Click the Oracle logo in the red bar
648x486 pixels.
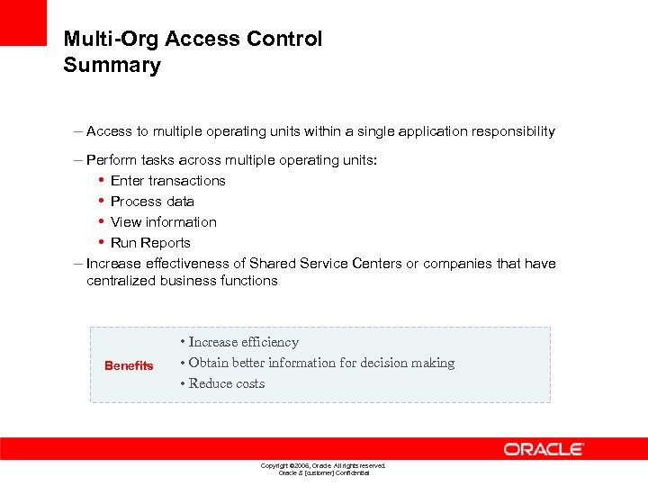(544, 448)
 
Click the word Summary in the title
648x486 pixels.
(112, 66)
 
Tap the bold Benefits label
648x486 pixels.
(129, 365)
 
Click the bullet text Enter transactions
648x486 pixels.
(167, 181)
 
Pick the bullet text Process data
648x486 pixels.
(152, 202)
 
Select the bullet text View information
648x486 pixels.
(163, 222)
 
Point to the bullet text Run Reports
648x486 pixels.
(150, 243)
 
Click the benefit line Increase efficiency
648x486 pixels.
(243, 342)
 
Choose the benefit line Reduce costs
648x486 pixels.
(226, 383)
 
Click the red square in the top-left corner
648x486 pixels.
(22, 22)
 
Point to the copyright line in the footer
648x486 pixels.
(323, 465)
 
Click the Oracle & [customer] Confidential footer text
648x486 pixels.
(323, 472)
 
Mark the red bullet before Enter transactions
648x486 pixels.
(101, 181)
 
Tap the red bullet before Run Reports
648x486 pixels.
(101, 243)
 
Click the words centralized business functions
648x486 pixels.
(182, 281)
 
